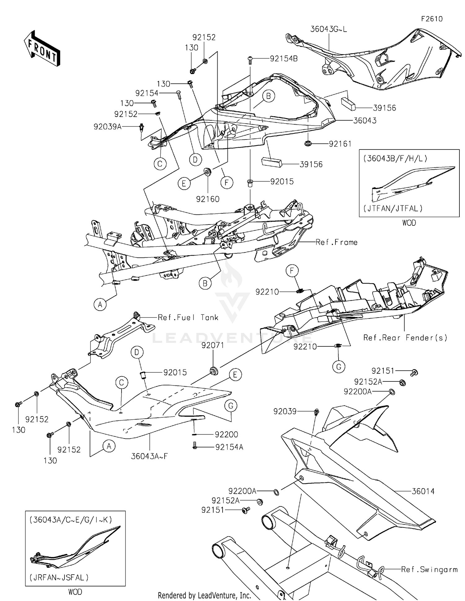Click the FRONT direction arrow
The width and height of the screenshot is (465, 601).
pos(42,49)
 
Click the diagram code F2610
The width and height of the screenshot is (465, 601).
pos(432,19)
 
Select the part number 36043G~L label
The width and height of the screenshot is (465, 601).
pos(329,29)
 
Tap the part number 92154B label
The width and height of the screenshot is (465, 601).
pos(284,59)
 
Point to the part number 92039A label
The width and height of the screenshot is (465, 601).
pos(108,127)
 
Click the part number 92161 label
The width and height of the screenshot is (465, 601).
pos(340,144)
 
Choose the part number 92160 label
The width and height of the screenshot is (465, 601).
pos(208,199)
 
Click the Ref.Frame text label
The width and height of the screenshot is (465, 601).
pos(336,242)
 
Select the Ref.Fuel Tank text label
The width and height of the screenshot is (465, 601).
pos(188,317)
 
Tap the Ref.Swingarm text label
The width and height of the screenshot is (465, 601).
pos(429,569)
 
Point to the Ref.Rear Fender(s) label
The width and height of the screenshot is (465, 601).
pos(405,337)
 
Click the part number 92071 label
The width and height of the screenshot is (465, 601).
pos(213,345)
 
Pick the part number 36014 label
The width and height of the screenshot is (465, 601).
pos(423,491)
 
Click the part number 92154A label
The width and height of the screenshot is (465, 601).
pos(229,447)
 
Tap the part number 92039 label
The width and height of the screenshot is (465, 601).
pos(285,411)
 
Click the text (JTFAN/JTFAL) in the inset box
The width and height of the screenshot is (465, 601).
pos(393,208)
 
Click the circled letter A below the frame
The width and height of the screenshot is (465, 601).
pos(100,305)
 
